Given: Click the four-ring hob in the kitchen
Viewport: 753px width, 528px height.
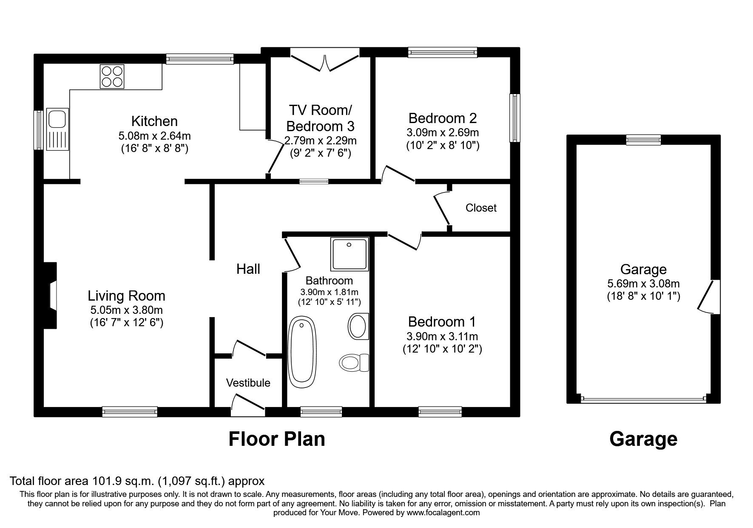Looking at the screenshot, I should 112,76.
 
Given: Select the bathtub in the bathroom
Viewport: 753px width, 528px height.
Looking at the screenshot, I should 302,351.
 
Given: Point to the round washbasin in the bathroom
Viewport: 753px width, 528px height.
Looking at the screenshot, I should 358,326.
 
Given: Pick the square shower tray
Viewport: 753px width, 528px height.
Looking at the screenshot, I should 349,254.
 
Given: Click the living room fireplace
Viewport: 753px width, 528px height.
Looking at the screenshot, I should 51,296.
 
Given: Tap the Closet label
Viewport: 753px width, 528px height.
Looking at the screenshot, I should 481,208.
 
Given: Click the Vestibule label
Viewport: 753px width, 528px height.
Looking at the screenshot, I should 248,383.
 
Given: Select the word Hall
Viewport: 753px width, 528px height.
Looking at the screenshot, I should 248,269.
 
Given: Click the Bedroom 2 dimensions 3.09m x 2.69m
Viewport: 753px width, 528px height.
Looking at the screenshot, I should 442,132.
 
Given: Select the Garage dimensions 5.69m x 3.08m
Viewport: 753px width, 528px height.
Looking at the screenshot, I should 643,283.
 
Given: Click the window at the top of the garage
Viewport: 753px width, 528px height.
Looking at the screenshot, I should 643,140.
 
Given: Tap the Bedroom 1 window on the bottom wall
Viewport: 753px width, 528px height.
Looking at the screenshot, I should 440,411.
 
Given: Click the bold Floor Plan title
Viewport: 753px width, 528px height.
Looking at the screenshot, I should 277,439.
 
